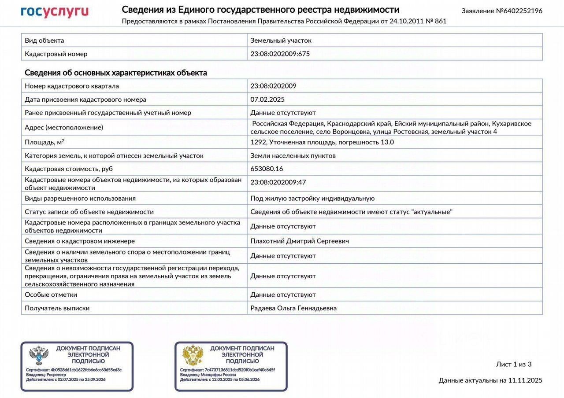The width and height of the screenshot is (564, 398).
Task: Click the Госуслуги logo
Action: pyautogui.click(x=55, y=12)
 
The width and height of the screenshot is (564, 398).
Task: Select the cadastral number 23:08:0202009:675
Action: pyautogui.click(x=280, y=54)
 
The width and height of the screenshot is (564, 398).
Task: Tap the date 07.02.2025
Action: pyautogui.click(x=267, y=99)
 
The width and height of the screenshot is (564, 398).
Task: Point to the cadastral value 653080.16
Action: pyautogui.click(x=267, y=169)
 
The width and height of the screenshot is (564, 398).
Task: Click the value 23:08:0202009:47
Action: pyautogui.click(x=278, y=182)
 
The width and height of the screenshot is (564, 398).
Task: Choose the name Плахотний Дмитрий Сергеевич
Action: pyautogui.click(x=300, y=241)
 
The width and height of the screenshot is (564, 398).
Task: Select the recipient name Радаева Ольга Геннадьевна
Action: pyautogui.click(x=293, y=308)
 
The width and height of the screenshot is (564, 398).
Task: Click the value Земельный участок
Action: pyautogui.click(x=281, y=41)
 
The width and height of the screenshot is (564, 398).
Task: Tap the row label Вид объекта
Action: pyautogui.click(x=45, y=41)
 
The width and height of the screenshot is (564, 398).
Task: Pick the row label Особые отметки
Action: pyautogui.click(x=51, y=295)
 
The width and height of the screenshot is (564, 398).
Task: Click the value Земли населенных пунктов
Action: pyautogui.click(x=293, y=155)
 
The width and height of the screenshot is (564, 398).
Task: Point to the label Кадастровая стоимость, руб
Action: pyautogui.click(x=68, y=169)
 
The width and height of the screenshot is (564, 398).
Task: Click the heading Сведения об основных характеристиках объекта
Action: pyautogui.click(x=116, y=73)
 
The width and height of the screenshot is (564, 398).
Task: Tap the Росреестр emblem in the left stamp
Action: pyautogui.click(x=38, y=355)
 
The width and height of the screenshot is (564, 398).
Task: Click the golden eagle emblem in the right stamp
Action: pyautogui.click(x=193, y=355)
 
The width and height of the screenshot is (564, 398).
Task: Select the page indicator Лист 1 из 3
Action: pyautogui.click(x=514, y=364)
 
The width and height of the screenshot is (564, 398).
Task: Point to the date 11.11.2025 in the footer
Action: pyautogui.click(x=525, y=380)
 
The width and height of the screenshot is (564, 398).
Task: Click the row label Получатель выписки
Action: pyautogui.click(x=57, y=308)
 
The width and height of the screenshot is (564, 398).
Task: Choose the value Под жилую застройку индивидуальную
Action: pyautogui.click(x=312, y=199)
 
